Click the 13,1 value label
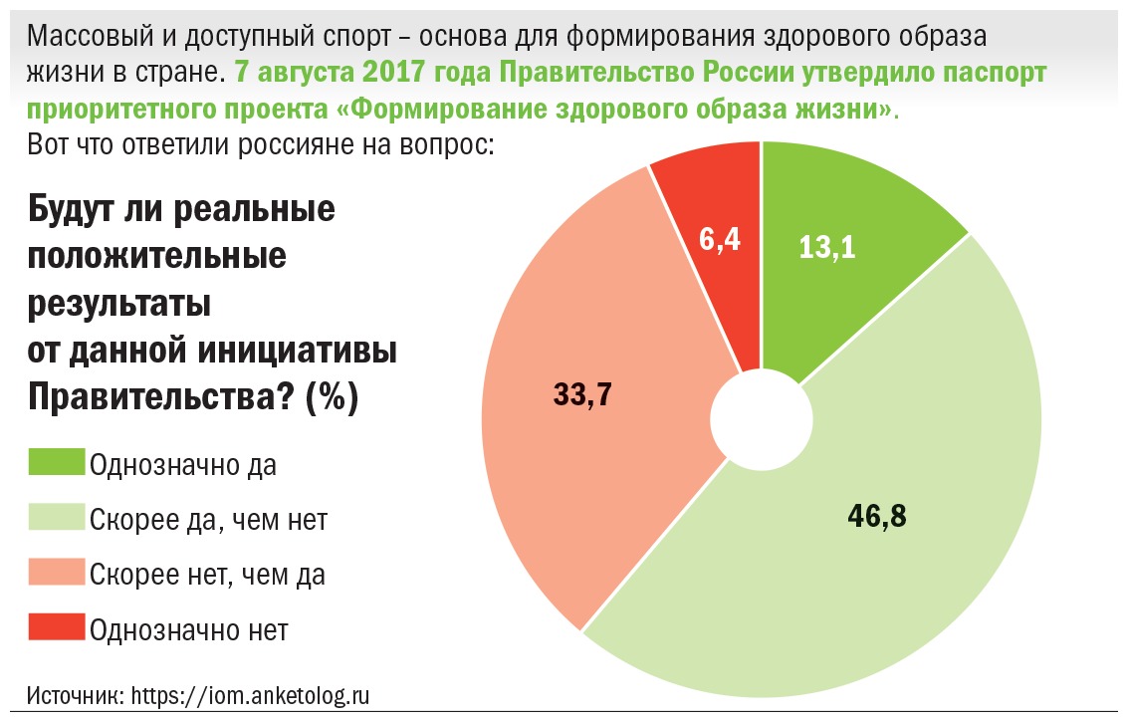pyautogui.click(x=827, y=247)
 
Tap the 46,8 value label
pyautogui.click(x=878, y=517)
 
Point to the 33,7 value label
pyautogui.click(x=581, y=395)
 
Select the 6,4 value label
pyautogui.click(x=719, y=240)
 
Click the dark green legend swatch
pyautogui.click(x=57, y=463)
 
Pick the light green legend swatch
pyautogui.click(x=57, y=518)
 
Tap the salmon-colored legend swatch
pyautogui.click(x=57, y=574)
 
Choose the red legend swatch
pyautogui.click(x=57, y=628)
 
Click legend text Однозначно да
pyautogui.click(x=182, y=465)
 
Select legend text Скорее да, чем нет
pyautogui.click(x=208, y=520)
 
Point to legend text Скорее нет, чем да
pyautogui.click(x=207, y=575)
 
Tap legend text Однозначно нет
pyautogui.click(x=188, y=629)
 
